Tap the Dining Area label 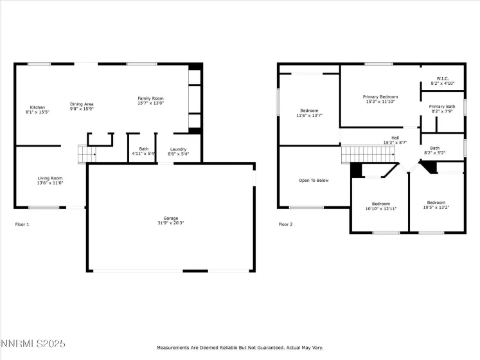82,107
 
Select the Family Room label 150,101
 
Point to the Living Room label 49,181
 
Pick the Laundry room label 178,152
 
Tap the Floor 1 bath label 143,152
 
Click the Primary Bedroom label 382,99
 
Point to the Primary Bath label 442,109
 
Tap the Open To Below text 314,180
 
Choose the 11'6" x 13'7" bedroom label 309,113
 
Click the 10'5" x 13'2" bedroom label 436,205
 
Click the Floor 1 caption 22,224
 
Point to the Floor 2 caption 285,224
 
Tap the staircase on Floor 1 86,154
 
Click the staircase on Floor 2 366,154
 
